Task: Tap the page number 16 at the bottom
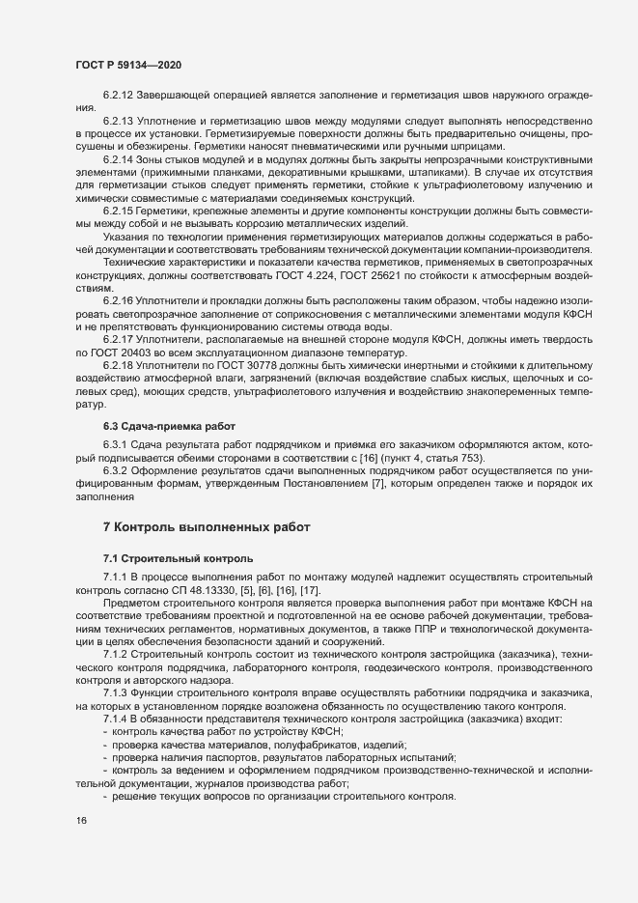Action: [81, 821]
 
